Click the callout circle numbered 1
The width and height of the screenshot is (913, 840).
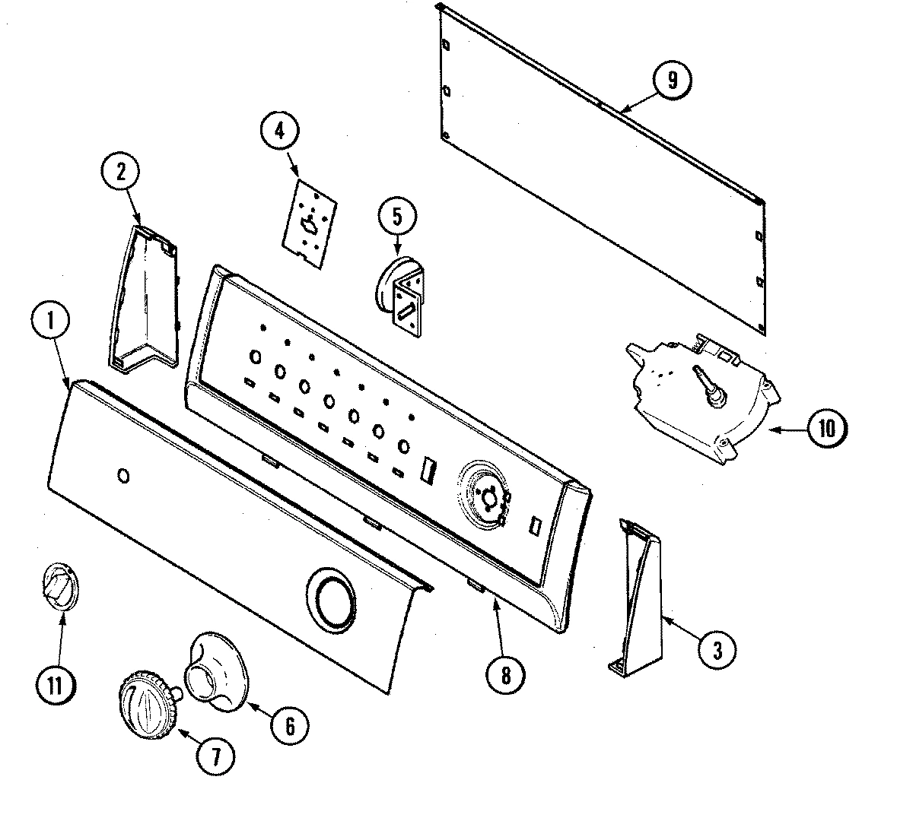51,324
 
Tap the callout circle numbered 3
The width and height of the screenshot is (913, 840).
716,649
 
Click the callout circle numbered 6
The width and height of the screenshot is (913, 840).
291,725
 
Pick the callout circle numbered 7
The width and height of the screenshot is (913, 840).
215,756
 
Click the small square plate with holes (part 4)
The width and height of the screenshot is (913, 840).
309,220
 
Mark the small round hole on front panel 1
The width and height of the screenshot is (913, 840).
122,476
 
